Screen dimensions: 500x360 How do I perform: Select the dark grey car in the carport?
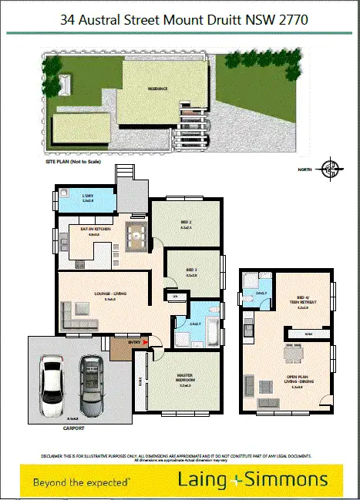(91, 382)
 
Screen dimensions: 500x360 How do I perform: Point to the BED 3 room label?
(192, 270)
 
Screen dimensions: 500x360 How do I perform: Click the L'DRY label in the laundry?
(87, 196)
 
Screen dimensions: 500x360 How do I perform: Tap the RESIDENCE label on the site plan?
(158, 88)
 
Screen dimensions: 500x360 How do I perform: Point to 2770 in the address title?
(293, 22)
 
